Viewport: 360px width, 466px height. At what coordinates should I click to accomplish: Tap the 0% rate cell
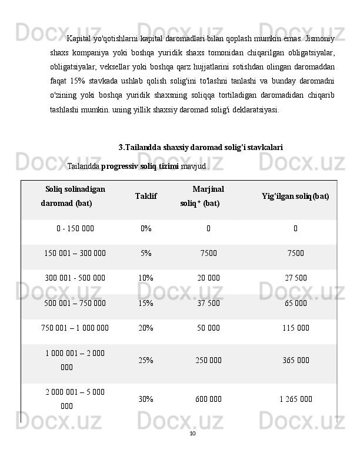tap(146, 228)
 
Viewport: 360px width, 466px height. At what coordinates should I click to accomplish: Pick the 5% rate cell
tap(146, 253)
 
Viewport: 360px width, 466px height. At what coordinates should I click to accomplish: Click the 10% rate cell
tap(146, 278)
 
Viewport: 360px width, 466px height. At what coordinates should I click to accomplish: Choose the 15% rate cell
tap(146, 303)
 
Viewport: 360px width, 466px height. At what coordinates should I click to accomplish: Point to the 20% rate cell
tap(146, 328)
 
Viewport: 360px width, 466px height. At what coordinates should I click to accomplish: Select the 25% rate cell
tap(146, 359)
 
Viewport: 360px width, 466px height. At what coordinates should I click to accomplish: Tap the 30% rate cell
tap(146, 398)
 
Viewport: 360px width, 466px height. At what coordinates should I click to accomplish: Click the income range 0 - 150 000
tap(75, 228)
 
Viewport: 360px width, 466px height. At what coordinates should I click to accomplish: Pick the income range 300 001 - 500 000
tap(75, 278)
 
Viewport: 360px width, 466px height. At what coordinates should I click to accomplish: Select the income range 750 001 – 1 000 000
tap(75, 328)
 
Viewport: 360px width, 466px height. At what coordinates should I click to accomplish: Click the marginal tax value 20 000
tap(209, 278)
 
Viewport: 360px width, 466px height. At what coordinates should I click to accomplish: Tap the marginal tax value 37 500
tap(209, 303)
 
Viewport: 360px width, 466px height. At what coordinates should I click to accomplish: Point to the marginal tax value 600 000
tap(209, 398)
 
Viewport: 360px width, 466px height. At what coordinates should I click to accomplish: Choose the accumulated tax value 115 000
tap(295, 328)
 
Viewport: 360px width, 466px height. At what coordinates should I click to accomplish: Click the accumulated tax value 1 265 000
tap(295, 398)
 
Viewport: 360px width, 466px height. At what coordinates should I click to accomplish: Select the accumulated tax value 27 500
tap(295, 278)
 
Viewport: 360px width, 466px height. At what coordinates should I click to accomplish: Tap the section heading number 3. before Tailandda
tap(121, 147)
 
